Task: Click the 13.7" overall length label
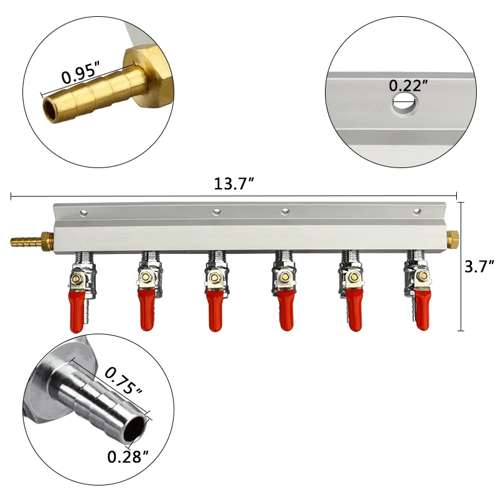click(234, 184)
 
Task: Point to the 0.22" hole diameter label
click(408, 85)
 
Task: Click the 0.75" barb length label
click(124, 380)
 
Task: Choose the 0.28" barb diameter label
click(128, 457)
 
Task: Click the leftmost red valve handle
click(76, 312)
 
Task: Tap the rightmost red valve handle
click(423, 309)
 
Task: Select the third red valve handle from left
click(215, 310)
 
